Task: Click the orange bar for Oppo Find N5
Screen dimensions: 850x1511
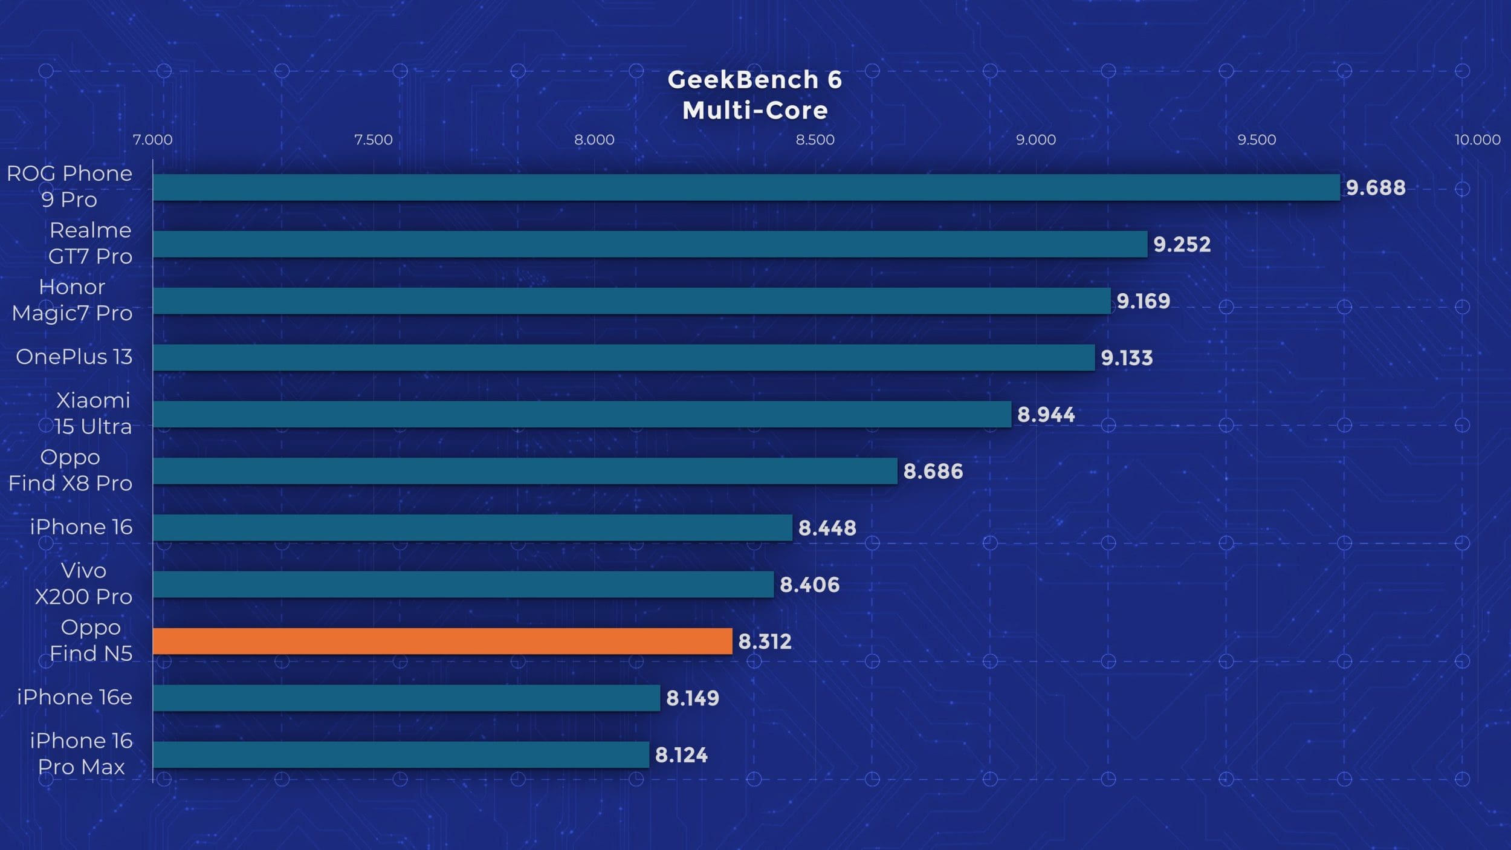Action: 442,641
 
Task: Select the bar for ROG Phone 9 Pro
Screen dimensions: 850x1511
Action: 746,187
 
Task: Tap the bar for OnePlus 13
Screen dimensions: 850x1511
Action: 624,357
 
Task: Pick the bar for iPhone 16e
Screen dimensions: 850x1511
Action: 406,698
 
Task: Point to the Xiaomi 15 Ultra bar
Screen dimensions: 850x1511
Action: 582,414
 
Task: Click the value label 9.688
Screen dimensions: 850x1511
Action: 1376,188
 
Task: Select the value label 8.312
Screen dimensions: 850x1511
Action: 765,641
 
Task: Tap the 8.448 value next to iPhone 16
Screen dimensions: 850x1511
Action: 827,528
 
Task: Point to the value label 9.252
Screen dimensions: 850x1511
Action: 1182,244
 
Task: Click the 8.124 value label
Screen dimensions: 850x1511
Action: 681,755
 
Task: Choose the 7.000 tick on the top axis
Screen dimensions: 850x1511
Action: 152,140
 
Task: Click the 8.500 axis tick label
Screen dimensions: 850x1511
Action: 815,140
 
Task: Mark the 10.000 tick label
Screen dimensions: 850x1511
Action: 1477,140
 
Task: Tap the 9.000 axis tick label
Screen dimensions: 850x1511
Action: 1035,140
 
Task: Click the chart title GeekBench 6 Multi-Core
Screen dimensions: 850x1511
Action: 755,95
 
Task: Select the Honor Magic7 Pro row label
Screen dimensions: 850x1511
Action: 72,300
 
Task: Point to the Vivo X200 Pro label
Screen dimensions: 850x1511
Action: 83,583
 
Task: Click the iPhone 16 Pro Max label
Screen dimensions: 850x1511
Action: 81,754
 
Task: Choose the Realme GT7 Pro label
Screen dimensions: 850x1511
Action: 90,243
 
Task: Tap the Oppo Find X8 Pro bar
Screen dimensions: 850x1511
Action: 525,471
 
